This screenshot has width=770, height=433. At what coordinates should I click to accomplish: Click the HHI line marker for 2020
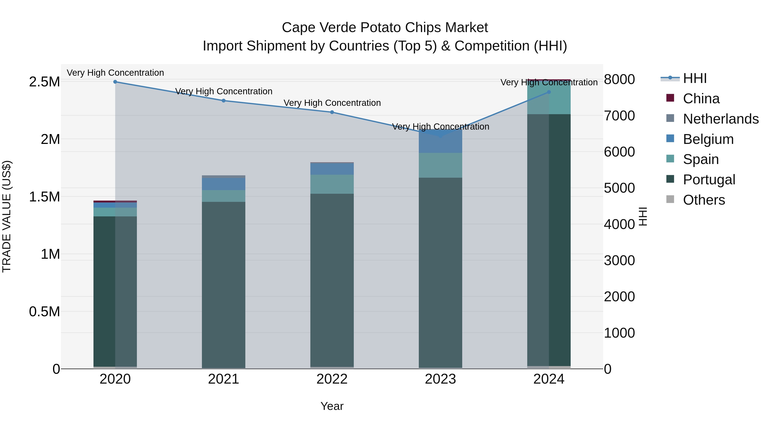pos(115,82)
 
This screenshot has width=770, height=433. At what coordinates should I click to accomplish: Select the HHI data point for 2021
pos(224,100)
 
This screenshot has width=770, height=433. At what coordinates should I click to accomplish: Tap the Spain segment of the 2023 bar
pos(440,165)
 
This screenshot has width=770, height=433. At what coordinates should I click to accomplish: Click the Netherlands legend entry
pos(720,119)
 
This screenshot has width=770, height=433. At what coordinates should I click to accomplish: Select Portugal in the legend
pos(709,180)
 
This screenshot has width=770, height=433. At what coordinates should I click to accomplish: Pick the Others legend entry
pos(704,200)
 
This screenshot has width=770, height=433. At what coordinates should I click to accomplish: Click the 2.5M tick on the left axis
pos(44,82)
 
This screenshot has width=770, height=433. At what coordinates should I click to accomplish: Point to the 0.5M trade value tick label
pos(44,312)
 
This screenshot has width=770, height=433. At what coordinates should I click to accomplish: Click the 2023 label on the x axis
pos(440,379)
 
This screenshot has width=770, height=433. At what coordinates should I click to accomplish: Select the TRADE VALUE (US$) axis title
pos(7,216)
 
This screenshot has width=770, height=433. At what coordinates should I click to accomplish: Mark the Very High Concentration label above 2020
pos(115,73)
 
